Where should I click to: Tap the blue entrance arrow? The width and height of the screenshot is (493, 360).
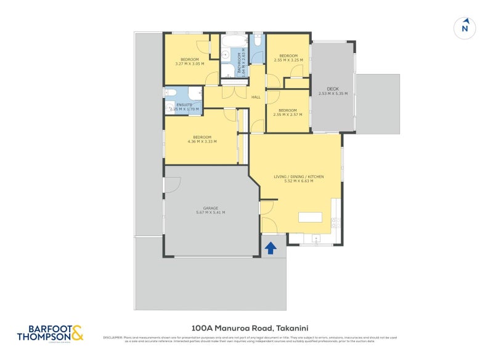(x=270, y=248)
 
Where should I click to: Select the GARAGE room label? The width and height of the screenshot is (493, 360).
(x=210, y=208)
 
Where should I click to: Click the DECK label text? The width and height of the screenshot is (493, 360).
(x=333, y=88)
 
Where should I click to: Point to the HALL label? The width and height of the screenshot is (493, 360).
(x=256, y=97)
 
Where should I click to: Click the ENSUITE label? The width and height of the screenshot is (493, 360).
(x=184, y=105)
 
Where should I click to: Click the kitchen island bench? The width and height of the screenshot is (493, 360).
(x=310, y=217)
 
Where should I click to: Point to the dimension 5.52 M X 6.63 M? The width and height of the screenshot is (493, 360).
(x=298, y=181)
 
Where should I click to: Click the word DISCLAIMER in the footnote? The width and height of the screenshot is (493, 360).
(x=112, y=337)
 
